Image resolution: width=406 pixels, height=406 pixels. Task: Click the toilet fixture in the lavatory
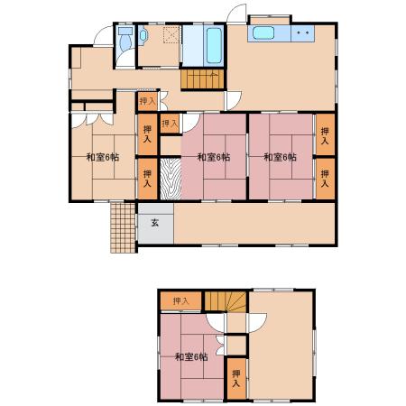tap(126, 39)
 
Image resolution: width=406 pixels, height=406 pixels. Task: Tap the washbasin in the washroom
tap(143, 35)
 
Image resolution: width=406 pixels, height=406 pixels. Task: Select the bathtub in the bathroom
tap(214, 45)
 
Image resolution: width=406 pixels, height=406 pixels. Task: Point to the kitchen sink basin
tap(263, 33)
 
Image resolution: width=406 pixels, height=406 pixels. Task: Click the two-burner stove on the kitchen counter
tap(302, 33)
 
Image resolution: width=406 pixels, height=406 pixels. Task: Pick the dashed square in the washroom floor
tap(171, 34)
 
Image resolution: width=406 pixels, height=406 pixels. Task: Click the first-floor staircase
tap(203, 79)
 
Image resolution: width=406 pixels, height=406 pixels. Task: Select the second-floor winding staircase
tap(226, 301)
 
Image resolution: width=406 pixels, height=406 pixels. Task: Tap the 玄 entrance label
tap(155, 223)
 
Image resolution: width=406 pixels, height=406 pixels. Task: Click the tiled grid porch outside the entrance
tap(123, 227)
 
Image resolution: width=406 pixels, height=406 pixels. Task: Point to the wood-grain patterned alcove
tap(171, 179)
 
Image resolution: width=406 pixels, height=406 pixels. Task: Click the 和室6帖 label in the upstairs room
tap(191, 357)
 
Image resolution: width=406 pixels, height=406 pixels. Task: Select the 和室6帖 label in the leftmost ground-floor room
tap(103, 157)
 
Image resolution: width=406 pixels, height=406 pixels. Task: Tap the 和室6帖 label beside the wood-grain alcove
tap(214, 157)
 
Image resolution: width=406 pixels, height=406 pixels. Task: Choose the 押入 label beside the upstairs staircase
tap(181, 301)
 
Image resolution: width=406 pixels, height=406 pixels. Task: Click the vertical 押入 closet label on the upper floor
tap(236, 379)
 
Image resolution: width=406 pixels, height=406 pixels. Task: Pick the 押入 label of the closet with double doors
tap(148, 101)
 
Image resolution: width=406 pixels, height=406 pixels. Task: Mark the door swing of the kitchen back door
tap(236, 14)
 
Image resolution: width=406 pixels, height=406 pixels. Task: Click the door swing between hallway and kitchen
tap(234, 100)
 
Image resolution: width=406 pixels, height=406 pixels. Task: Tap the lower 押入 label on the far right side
tap(325, 179)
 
